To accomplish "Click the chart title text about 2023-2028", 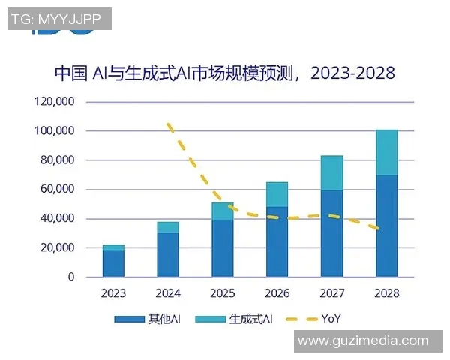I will [x=224, y=73].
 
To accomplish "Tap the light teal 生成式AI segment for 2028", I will [x=386, y=152].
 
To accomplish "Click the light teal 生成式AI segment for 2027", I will [x=331, y=173].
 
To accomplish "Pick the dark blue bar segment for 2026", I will [x=277, y=241].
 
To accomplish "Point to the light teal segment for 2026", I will [x=277, y=194].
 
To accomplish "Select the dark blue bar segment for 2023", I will [x=113, y=263].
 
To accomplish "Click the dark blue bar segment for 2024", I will [x=168, y=254].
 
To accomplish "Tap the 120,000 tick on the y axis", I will [x=53, y=101].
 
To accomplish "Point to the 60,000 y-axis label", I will [x=56, y=189].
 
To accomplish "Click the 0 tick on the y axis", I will [x=71, y=277].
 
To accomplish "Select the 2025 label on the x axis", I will [x=222, y=293].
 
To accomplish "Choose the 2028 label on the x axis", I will [x=386, y=293].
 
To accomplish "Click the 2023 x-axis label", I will [x=113, y=293].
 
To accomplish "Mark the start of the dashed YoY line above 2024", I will [x=169, y=124].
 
